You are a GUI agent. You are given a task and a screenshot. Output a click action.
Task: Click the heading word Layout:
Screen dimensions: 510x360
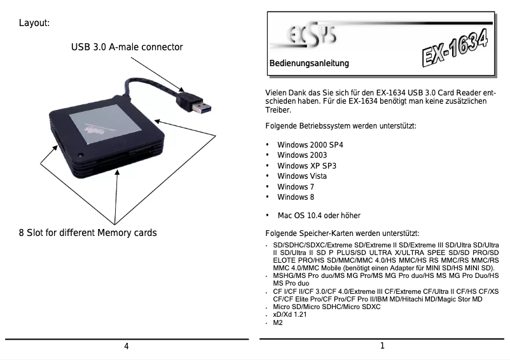tap(34, 24)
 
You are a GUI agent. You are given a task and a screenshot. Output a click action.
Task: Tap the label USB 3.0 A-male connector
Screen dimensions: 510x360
tap(127, 47)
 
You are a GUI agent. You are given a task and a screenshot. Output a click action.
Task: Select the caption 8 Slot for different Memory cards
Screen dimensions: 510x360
tap(88, 232)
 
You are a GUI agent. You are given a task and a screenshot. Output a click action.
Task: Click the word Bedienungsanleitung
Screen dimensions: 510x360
tap(309, 64)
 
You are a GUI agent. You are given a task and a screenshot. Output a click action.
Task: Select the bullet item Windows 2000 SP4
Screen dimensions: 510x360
tap(310, 145)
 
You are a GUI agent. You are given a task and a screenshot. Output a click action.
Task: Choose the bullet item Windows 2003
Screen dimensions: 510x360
tap(302, 155)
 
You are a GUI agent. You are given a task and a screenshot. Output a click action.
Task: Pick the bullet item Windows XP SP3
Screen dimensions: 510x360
tap(307, 165)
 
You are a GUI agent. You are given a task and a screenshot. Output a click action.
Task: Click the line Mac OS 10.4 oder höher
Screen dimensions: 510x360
tap(319, 216)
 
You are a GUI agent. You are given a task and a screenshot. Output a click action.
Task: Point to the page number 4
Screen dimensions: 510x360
tap(127, 346)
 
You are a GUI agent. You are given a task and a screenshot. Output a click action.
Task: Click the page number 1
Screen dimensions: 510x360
tap(382, 346)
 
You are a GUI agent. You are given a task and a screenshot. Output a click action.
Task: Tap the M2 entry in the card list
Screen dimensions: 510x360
tap(277, 323)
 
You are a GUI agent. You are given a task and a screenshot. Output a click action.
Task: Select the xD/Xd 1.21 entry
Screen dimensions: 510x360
tap(291, 315)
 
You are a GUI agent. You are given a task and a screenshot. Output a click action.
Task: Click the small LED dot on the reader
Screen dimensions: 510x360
tap(81, 155)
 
